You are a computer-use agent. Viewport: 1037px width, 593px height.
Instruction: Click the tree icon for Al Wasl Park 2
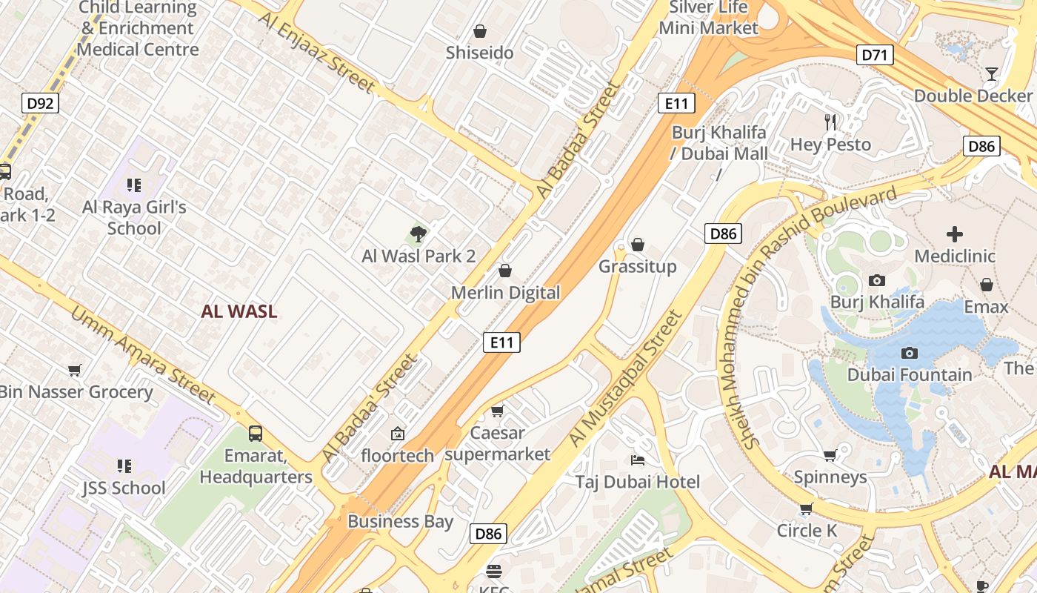pyautogui.click(x=419, y=235)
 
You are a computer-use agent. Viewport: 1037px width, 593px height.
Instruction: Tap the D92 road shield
pyautogui.click(x=40, y=103)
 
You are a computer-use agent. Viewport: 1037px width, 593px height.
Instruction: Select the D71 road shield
pyautogui.click(x=876, y=54)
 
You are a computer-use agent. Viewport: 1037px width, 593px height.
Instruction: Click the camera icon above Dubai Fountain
pyautogui.click(x=909, y=354)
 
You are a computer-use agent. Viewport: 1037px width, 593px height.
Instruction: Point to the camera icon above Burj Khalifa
pyautogui.click(x=877, y=280)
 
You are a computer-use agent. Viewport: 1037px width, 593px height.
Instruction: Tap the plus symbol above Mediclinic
pyautogui.click(x=954, y=235)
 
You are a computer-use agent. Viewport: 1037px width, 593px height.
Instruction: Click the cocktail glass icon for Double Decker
pyautogui.click(x=991, y=74)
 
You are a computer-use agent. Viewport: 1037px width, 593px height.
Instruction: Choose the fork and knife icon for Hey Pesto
pyautogui.click(x=830, y=122)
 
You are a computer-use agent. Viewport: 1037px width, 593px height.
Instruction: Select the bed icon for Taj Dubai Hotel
pyautogui.click(x=637, y=460)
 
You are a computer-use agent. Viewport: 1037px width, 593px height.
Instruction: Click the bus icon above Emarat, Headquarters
pyautogui.click(x=256, y=433)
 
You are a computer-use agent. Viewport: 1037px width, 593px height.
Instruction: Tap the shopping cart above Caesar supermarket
pyautogui.click(x=497, y=411)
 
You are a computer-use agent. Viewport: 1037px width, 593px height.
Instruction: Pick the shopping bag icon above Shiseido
pyautogui.click(x=480, y=31)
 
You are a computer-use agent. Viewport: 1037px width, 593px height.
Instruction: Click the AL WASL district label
pyautogui.click(x=239, y=311)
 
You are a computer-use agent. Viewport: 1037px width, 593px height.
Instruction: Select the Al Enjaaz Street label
pyautogui.click(x=317, y=51)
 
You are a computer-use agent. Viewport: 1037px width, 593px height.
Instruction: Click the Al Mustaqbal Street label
pyautogui.click(x=625, y=380)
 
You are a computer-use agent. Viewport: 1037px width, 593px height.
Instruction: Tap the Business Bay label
pyautogui.click(x=400, y=521)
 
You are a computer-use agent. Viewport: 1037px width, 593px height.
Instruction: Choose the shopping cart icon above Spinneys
pyautogui.click(x=830, y=455)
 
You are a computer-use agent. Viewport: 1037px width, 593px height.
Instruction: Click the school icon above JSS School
pyautogui.click(x=124, y=466)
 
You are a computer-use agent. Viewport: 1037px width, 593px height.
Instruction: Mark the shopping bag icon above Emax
pyautogui.click(x=987, y=285)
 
